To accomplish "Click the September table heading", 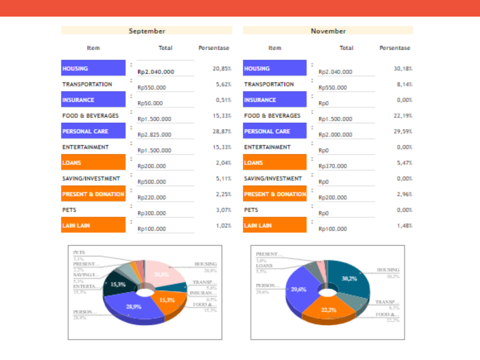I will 147,31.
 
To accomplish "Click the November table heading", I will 328,31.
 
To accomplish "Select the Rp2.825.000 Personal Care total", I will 154,135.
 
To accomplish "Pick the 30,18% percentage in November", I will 403,68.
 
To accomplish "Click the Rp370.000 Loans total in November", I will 333,166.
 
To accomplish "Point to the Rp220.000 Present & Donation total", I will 151,197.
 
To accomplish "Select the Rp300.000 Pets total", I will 151,213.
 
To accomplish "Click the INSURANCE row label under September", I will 78,100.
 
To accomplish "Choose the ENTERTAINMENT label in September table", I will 85,147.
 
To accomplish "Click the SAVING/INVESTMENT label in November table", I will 273,179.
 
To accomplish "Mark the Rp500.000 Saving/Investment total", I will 151,182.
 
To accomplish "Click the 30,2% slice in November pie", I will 349,278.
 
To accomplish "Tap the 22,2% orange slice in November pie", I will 329,309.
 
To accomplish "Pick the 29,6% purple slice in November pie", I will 299,290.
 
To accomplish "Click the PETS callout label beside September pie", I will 79,252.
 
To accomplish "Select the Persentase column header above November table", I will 395,48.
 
